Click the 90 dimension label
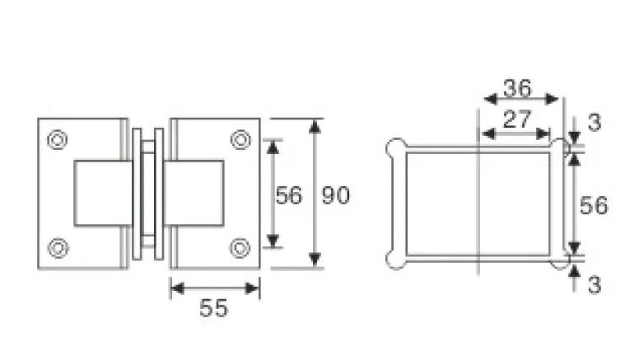point(335,195)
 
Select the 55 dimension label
point(213,308)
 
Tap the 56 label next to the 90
point(288,195)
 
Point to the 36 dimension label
point(518,87)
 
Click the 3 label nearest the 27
point(595,123)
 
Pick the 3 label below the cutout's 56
point(595,285)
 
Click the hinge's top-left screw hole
point(58,140)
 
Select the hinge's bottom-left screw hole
point(58,246)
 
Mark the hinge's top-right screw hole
point(240,140)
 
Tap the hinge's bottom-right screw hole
point(240,246)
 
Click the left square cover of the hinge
point(103,193)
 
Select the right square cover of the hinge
point(194,193)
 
